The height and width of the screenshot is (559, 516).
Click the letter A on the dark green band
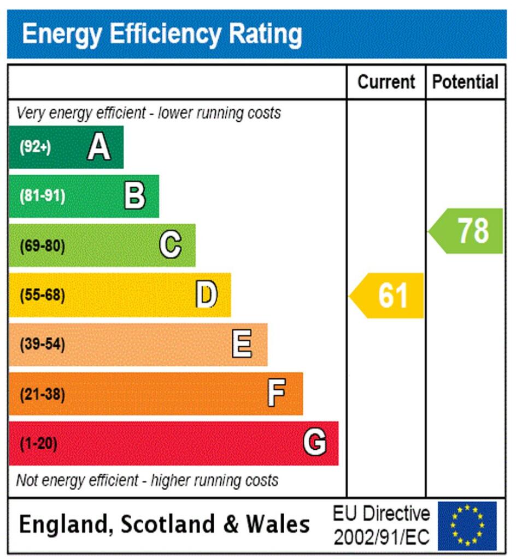click(98, 147)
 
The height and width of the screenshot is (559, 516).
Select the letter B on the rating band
click(134, 196)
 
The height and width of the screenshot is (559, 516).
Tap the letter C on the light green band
click(170, 245)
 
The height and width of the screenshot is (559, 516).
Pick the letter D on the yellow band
click(207, 295)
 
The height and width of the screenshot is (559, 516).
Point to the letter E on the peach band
click(242, 344)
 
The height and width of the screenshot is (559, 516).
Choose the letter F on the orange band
click(277, 393)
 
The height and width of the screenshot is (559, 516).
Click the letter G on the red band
click(315, 443)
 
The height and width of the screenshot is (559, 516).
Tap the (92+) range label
click(35, 147)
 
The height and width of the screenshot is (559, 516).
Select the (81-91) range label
click(42, 197)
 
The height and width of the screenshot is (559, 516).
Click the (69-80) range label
click(42, 246)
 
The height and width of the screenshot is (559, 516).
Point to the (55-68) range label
click(42, 295)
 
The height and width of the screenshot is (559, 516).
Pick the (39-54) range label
click(42, 345)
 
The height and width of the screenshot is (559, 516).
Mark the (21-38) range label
click(42, 394)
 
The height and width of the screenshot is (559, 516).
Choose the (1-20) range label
click(38, 444)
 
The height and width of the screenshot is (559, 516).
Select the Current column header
click(386, 82)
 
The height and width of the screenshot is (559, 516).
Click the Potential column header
click(465, 82)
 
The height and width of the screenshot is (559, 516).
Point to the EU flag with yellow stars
click(467, 526)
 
